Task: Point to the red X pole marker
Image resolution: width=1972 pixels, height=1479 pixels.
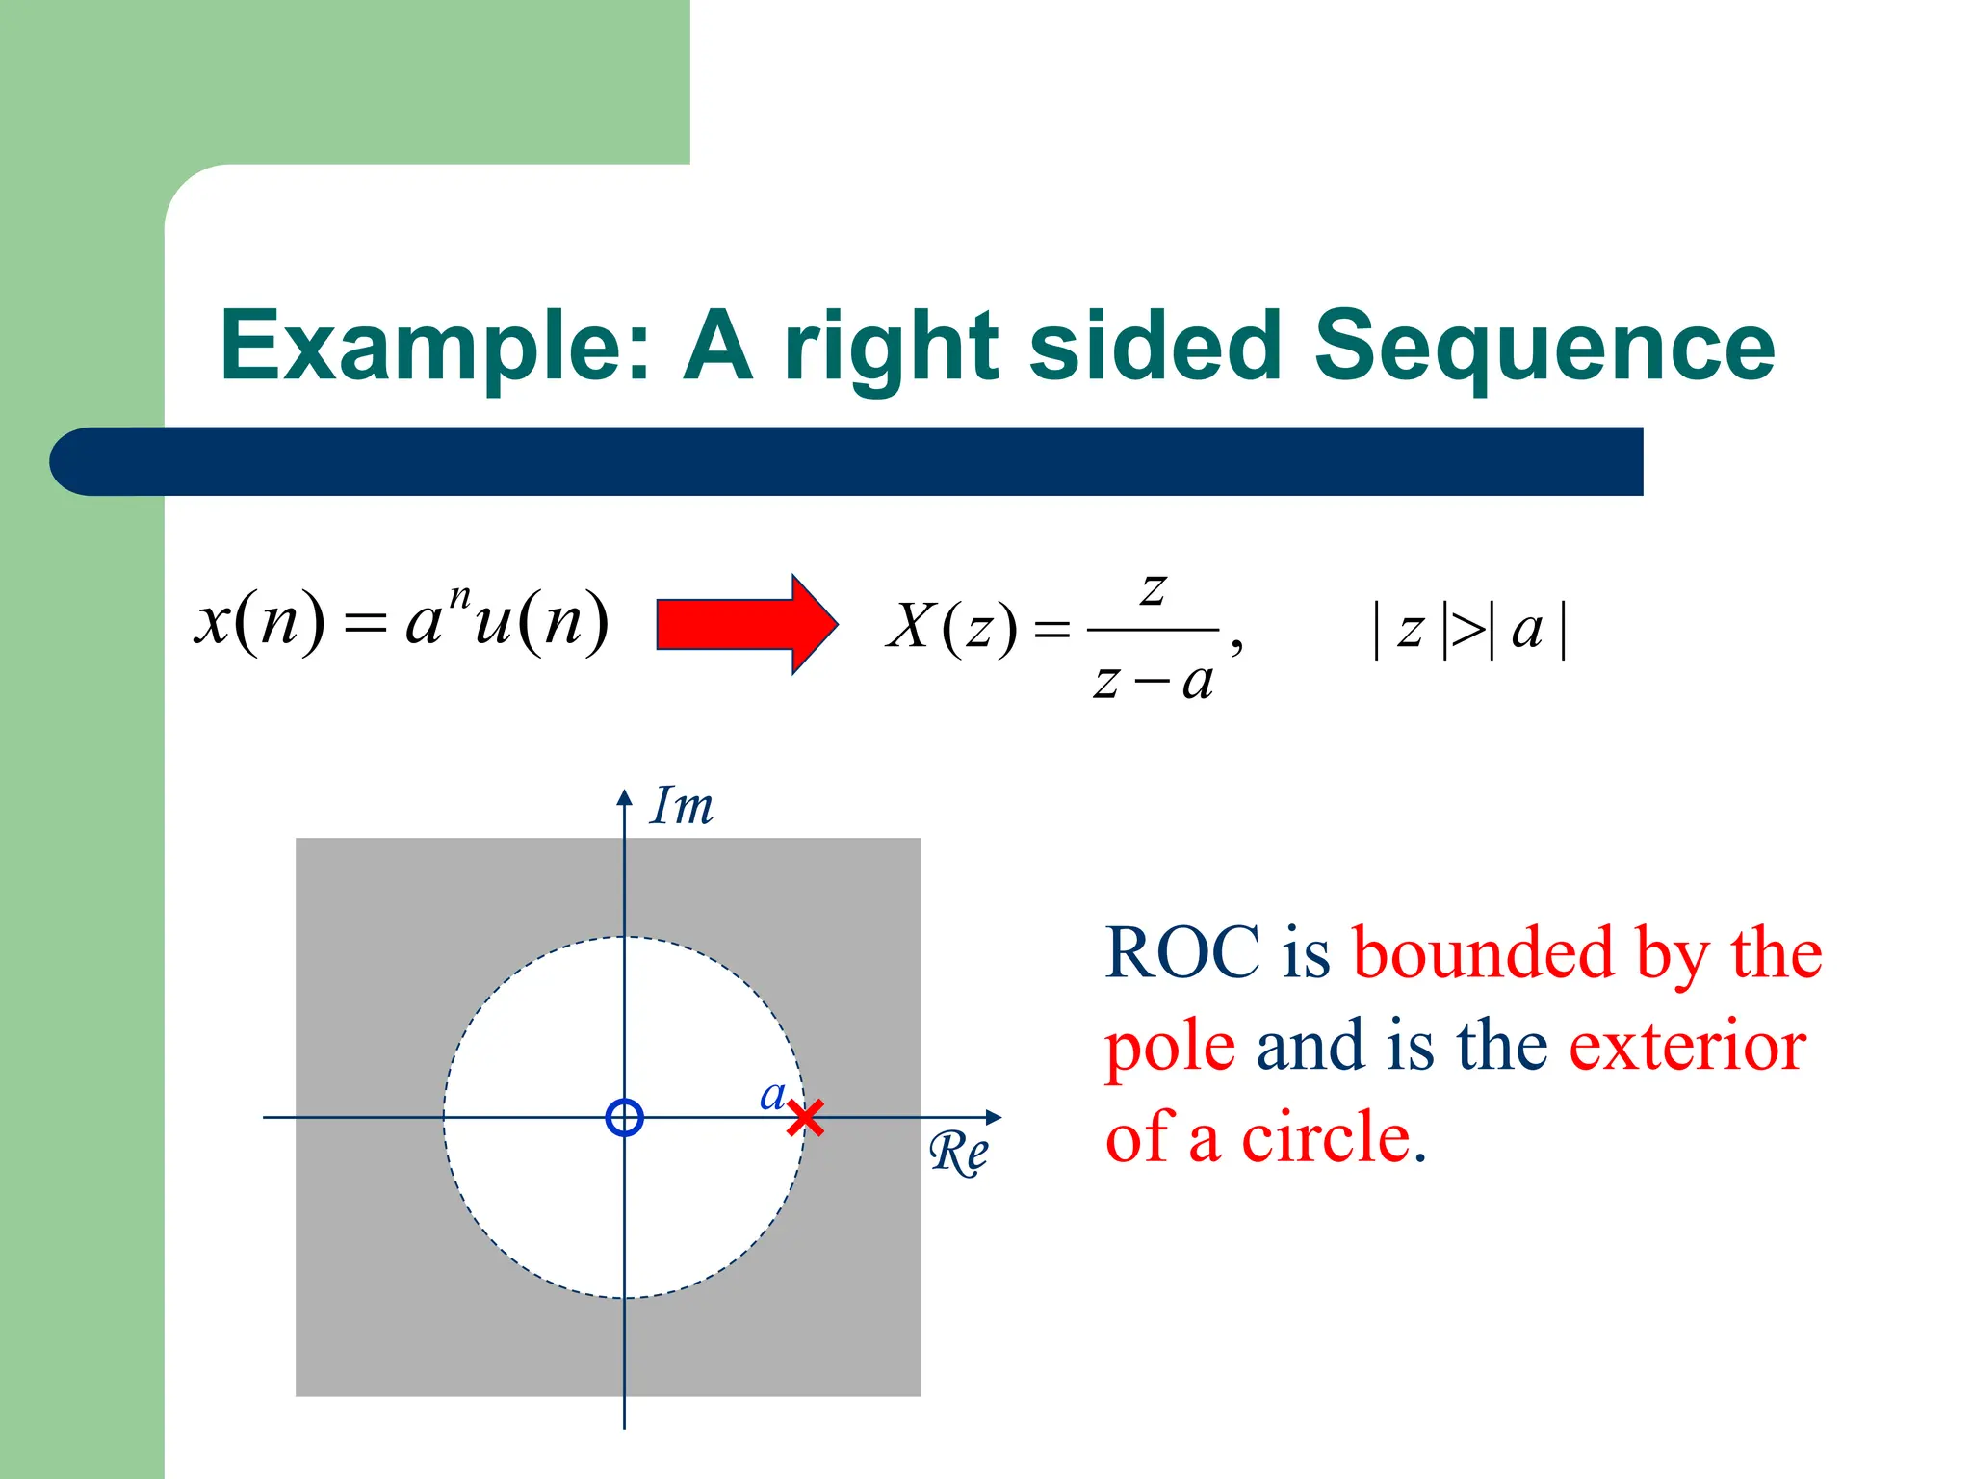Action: coord(805,1118)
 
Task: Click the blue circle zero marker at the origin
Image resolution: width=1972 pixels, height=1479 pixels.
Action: coord(625,1118)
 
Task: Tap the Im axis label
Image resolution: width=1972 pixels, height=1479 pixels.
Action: coord(682,806)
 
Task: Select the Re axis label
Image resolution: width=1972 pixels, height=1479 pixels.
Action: coord(959,1153)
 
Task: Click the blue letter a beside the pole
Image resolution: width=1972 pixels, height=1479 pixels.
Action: coord(772,1095)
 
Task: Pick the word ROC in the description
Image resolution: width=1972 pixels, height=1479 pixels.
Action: coord(1182,952)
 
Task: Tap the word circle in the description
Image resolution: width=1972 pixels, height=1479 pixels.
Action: coord(1326,1137)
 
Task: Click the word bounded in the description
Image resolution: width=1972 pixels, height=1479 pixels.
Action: coord(1483,952)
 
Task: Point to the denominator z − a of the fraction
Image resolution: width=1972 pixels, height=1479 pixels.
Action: coord(1153,682)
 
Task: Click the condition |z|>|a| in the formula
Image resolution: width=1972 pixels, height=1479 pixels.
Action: coord(1469,630)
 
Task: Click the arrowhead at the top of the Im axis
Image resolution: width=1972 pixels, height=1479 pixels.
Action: coord(625,797)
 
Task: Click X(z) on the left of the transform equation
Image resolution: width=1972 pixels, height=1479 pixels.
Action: coord(951,627)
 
